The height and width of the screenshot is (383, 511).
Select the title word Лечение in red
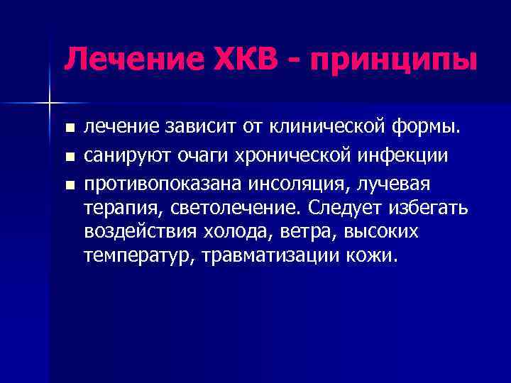(124, 59)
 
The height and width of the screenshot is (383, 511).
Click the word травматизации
(266, 256)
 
